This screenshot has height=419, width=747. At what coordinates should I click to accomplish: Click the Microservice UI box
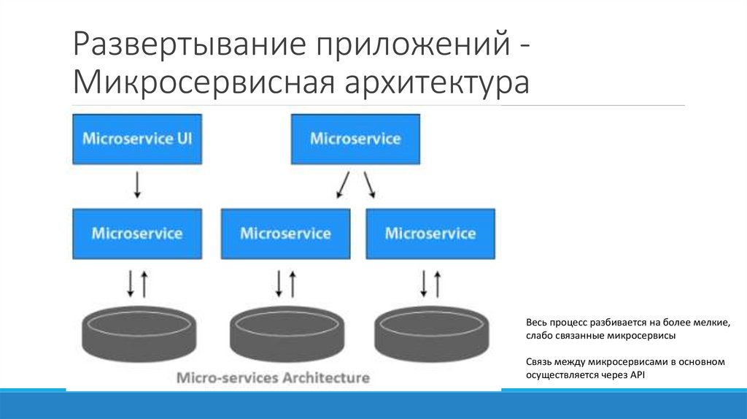137,138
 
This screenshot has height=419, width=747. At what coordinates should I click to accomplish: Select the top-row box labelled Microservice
355,138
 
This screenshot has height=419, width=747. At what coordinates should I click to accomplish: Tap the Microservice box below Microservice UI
137,234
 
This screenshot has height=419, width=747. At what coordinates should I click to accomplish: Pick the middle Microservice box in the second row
285,234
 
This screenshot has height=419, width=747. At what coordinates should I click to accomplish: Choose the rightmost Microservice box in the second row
430,234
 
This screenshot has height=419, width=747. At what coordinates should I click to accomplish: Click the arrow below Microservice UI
137,185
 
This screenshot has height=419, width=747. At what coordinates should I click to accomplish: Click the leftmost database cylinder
139,332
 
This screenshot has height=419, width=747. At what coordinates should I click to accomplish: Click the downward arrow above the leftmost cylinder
131,282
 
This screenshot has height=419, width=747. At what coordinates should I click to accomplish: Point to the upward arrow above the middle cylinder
292,282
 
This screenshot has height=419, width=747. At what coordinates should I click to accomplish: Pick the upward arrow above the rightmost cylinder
437,282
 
